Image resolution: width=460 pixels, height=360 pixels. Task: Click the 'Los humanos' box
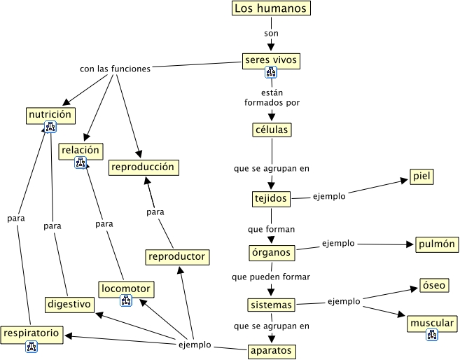270,9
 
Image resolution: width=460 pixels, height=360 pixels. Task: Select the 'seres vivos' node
271,60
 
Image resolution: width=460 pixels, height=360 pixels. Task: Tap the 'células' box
271,130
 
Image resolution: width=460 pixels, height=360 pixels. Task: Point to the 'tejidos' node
270,199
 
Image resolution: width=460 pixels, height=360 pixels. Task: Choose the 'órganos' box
271,251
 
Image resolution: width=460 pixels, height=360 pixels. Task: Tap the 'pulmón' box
436,244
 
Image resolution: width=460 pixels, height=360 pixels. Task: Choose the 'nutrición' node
50,114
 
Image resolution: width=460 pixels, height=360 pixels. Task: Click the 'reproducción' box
142,167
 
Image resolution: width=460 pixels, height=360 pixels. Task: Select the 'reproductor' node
177,256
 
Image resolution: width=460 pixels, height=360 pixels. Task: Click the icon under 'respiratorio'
32,346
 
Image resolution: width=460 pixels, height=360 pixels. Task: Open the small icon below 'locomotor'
126,300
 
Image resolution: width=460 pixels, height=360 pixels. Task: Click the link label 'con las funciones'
115,69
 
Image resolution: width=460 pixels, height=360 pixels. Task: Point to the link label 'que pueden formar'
271,277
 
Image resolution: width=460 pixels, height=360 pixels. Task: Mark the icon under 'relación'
81,162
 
